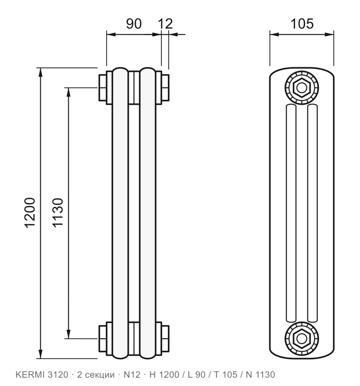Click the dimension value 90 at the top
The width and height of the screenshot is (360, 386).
[x=134, y=24]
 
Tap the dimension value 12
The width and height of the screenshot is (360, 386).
[x=165, y=24]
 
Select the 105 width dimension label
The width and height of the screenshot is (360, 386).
[x=302, y=24]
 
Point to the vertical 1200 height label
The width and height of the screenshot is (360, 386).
[x=30, y=213]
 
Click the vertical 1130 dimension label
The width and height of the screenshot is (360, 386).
[x=58, y=213]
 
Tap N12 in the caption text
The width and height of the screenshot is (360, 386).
[x=132, y=375]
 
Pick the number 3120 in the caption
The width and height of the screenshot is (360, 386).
[x=58, y=375]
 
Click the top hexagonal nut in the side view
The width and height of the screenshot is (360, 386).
[x=302, y=87]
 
